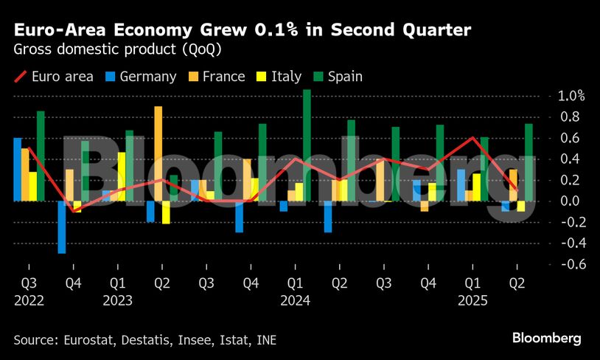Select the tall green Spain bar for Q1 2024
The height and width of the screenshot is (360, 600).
(307, 145)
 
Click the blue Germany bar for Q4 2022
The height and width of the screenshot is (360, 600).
(62, 226)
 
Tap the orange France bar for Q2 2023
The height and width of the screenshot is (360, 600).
(158, 153)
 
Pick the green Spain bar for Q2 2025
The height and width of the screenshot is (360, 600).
(529, 162)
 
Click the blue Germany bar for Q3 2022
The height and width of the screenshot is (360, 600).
(18, 169)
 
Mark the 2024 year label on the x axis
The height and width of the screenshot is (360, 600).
(295, 300)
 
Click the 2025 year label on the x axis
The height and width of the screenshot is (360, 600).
(472, 300)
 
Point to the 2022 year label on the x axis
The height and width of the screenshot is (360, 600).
(29, 300)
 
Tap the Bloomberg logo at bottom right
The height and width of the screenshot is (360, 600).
(547, 338)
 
